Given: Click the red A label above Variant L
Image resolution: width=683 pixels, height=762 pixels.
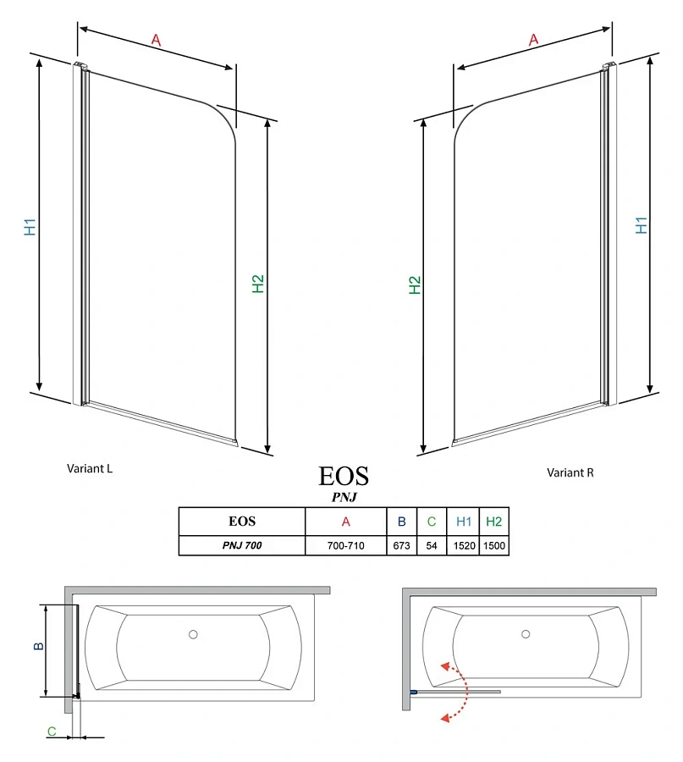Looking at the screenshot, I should click(x=156, y=39).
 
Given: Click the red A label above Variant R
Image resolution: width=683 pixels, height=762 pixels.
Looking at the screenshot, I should click(x=533, y=39).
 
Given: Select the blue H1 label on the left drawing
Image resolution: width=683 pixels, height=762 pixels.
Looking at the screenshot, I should click(x=30, y=227).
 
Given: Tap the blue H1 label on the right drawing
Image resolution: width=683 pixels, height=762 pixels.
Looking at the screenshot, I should click(x=642, y=226).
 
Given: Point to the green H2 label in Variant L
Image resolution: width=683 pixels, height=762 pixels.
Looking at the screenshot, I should click(x=259, y=284).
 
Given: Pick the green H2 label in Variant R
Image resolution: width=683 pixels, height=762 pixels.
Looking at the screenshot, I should click(x=415, y=285).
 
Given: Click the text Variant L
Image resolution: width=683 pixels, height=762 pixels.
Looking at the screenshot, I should click(x=90, y=467).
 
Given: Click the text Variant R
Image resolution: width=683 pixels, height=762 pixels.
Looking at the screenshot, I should click(x=570, y=472).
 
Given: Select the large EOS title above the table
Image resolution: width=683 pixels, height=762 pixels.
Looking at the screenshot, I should click(x=344, y=475).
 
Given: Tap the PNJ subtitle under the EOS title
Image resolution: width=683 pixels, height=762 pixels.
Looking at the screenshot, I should click(x=344, y=497).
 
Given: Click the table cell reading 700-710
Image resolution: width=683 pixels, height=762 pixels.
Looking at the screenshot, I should click(x=345, y=546).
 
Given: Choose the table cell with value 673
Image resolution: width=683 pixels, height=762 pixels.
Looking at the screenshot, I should click(x=401, y=546).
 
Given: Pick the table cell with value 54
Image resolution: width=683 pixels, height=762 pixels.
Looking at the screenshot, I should click(x=432, y=546).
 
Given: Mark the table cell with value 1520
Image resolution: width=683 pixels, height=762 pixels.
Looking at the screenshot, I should click(x=463, y=546).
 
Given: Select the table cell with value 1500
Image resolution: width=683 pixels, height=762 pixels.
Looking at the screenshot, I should click(x=493, y=546).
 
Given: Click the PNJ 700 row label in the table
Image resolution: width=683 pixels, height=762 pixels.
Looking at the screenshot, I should click(x=241, y=546).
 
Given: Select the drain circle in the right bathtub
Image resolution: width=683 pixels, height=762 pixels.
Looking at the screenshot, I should click(x=526, y=634).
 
